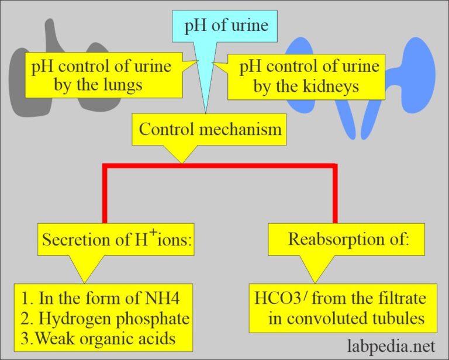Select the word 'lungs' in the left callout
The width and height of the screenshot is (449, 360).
(122, 85)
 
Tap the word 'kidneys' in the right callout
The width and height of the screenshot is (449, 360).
(332, 85)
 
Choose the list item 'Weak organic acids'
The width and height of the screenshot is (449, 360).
(111, 337)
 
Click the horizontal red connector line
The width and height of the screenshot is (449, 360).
(219, 168)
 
